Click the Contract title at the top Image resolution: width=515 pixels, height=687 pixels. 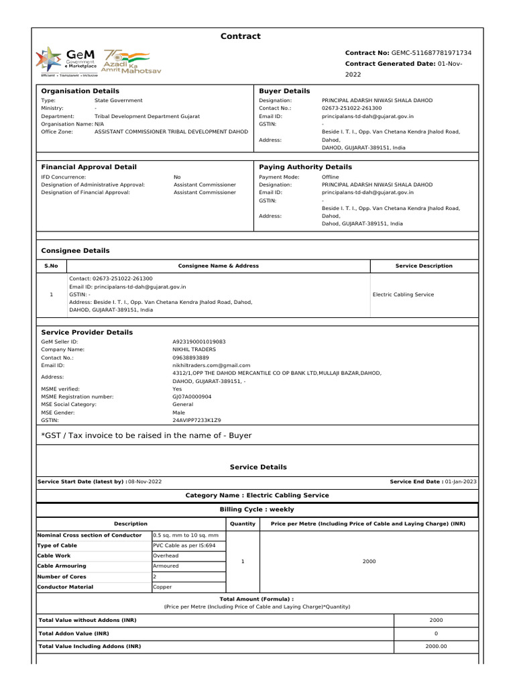coord(241,36)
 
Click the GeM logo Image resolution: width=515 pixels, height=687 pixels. coord(67,60)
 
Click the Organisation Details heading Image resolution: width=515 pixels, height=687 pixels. coord(80,91)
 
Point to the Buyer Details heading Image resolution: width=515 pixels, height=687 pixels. coord(284,91)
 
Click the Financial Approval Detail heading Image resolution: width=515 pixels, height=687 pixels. coord(89,167)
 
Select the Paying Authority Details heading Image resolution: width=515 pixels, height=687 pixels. coord(305,167)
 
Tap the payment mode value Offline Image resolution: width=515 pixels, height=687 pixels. coord(332,177)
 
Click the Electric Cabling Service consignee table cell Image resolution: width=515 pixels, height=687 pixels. coord(403,295)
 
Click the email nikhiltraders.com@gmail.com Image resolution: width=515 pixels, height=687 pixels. coord(207,366)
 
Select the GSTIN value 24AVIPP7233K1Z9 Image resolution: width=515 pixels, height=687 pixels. coord(196,420)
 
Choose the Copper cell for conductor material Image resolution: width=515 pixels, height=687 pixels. coord(162,587)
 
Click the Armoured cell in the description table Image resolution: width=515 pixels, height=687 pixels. coord(166,566)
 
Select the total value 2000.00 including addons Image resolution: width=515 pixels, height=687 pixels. coord(436,646)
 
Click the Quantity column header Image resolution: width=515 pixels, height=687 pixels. coord(243,523)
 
